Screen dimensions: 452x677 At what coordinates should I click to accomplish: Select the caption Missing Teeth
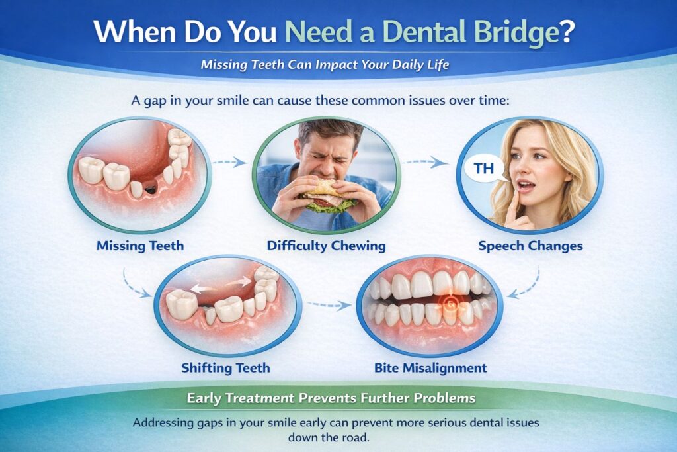(x=140, y=246)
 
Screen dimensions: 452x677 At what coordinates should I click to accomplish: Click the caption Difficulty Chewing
(x=326, y=246)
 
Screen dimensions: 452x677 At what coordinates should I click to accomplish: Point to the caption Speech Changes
(x=531, y=246)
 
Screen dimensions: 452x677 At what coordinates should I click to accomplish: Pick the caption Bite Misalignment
(x=430, y=367)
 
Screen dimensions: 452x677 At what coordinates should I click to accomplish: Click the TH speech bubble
(x=485, y=169)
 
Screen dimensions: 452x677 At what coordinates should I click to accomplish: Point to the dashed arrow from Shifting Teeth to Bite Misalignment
(x=329, y=305)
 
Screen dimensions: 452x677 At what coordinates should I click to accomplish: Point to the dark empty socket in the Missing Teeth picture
(x=150, y=190)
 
